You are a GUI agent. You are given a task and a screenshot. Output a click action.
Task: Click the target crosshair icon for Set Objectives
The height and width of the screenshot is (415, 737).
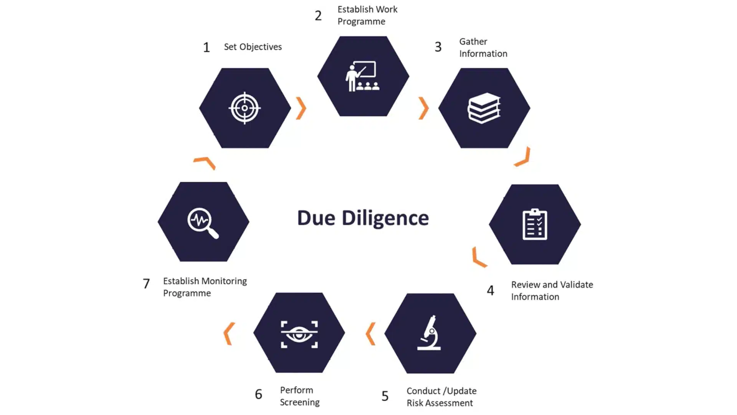pyautogui.click(x=245, y=108)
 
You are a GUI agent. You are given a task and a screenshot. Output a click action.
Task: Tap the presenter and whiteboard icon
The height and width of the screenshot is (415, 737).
pyautogui.click(x=362, y=76)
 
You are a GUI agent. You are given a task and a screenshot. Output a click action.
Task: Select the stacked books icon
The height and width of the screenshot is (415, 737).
pyautogui.click(x=484, y=108)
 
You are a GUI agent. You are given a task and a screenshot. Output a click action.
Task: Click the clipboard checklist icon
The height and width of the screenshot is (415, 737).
pyautogui.click(x=535, y=224)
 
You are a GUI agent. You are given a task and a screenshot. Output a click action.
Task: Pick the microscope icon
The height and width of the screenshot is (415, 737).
pyautogui.click(x=430, y=333)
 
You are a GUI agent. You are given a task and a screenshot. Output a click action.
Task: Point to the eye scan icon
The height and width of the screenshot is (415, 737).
pyautogui.click(x=299, y=334)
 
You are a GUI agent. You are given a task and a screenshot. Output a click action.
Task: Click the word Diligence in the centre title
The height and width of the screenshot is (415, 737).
pyautogui.click(x=385, y=218)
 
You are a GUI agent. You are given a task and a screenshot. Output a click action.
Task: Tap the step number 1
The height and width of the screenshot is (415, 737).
pyautogui.click(x=207, y=47)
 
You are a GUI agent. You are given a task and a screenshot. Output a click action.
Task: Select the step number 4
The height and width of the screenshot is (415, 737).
pyautogui.click(x=490, y=290)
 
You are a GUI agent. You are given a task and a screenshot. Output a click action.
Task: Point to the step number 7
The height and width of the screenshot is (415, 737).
pyautogui.click(x=146, y=284)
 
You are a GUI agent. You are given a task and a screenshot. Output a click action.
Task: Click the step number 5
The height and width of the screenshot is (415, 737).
pyautogui.click(x=385, y=396)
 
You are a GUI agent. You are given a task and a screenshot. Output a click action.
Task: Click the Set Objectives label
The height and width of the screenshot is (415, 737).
pyautogui.click(x=253, y=47)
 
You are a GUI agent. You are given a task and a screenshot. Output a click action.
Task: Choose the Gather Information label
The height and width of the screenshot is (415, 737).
pyautogui.click(x=483, y=48)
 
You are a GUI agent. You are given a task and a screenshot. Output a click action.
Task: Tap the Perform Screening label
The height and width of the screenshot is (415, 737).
pyautogui.click(x=299, y=396)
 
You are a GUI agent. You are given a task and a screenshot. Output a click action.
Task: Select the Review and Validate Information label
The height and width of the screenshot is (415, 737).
pyautogui.click(x=552, y=290)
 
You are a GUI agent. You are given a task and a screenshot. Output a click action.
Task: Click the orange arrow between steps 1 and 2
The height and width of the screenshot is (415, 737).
pyautogui.click(x=301, y=108)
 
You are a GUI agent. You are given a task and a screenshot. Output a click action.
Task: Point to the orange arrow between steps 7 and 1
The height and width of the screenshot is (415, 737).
pyautogui.click(x=205, y=162)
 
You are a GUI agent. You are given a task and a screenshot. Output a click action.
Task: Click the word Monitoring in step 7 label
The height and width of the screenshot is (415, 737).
pyautogui.click(x=224, y=281)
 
